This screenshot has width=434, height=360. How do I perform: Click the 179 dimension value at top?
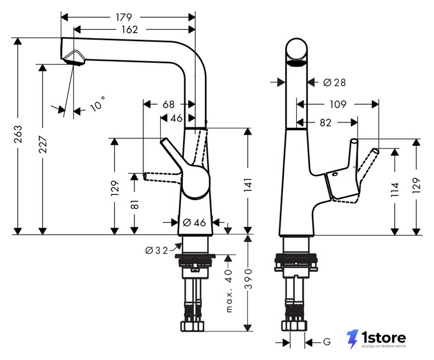pyautogui.click(x=124, y=17)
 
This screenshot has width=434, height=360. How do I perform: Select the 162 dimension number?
pyautogui.click(x=129, y=29)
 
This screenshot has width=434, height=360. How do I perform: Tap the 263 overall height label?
pyautogui.click(x=18, y=134)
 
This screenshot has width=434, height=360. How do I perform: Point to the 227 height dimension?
pyautogui.click(x=43, y=144)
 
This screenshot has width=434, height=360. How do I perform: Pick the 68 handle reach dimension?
pyautogui.click(x=169, y=105)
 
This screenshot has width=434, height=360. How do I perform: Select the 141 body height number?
pyautogui.click(x=248, y=185)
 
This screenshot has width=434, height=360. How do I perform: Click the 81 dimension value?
pyautogui.click(x=134, y=204)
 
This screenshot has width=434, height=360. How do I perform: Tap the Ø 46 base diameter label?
pyautogui.click(x=195, y=222)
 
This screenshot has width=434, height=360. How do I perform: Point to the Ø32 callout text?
pyautogui.click(x=157, y=251)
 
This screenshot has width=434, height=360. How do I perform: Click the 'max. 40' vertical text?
pyautogui.click(x=229, y=291)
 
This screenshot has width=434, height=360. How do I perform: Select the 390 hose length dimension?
pyautogui.click(x=248, y=278)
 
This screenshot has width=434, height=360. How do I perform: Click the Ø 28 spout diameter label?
pyautogui.click(x=334, y=82)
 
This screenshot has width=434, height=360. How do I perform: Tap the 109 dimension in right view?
pyautogui.click(x=338, y=105)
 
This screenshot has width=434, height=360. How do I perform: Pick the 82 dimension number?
pyautogui.click(x=325, y=123)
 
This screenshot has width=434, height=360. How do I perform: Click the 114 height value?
pyautogui.click(x=395, y=190)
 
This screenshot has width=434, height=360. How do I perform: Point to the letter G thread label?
pyautogui.click(x=327, y=342)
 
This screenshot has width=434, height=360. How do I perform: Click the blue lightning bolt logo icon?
pyautogui.click(x=352, y=339)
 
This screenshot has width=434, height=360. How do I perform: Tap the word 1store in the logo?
pyautogui.click(x=383, y=337)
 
